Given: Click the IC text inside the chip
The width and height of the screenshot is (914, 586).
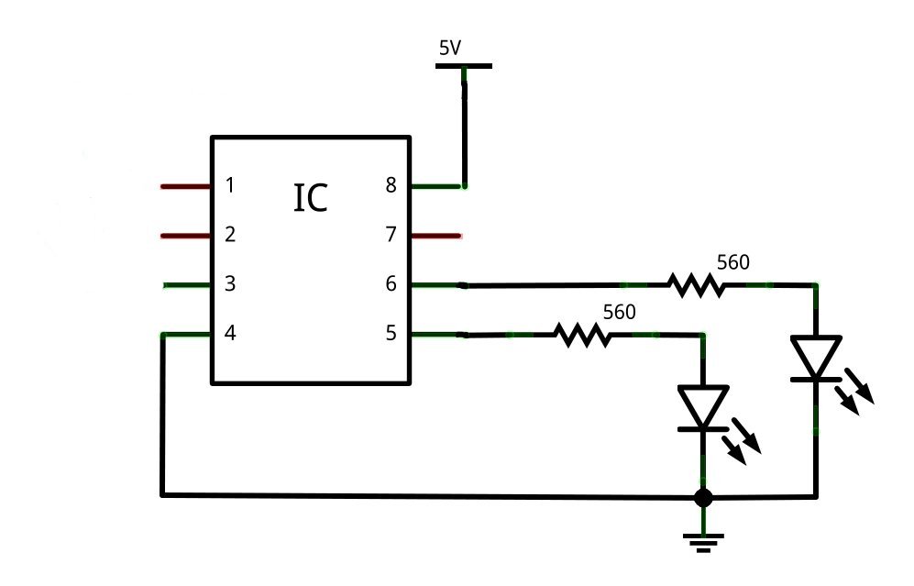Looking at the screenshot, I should pyautogui.click(x=310, y=198).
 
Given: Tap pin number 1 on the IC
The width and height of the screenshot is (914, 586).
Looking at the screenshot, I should pyautogui.click(x=230, y=186).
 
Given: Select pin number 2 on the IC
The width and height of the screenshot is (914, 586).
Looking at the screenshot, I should pyautogui.click(x=230, y=235).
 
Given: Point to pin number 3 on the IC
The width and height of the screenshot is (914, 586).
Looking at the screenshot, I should pyautogui.click(x=230, y=284).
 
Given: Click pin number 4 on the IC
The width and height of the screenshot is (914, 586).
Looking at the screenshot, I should pyautogui.click(x=230, y=334).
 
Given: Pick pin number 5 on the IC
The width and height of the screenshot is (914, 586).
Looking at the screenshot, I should pyautogui.click(x=391, y=334).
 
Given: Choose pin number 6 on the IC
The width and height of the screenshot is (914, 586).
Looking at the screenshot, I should pyautogui.click(x=391, y=284).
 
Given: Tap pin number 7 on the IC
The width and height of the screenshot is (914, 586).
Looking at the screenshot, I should pyautogui.click(x=391, y=235).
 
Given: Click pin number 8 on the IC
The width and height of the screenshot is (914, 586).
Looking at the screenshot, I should pyautogui.click(x=391, y=186).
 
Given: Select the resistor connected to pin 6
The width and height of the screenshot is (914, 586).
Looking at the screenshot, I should pyautogui.click(x=697, y=285).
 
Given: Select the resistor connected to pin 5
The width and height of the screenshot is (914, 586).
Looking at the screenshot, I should pyautogui.click(x=583, y=335).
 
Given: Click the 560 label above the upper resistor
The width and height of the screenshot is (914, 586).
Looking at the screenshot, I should pyautogui.click(x=732, y=262).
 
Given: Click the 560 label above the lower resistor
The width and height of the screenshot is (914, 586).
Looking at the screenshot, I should pyautogui.click(x=619, y=312).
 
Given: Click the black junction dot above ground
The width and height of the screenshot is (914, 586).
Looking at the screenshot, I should pyautogui.click(x=703, y=498).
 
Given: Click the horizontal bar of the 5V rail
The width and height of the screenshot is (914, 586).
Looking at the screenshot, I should pyautogui.click(x=463, y=66).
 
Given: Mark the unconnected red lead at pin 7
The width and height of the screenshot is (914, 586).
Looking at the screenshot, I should pyautogui.click(x=436, y=236).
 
